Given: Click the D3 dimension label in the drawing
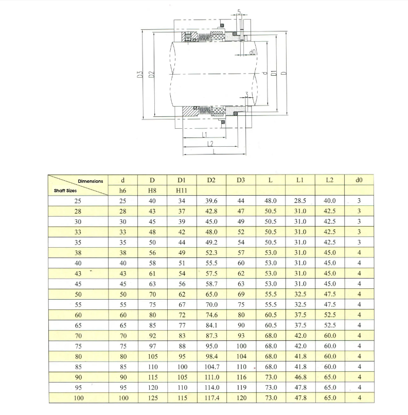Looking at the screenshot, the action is tap(140, 74).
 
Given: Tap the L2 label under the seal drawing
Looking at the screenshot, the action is tap(210, 144).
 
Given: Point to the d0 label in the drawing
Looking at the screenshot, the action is tap(253, 52).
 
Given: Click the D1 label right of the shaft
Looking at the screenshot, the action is tap(274, 73).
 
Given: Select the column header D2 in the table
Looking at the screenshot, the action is tap(211, 180).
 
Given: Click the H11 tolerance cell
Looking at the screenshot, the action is tap(182, 191).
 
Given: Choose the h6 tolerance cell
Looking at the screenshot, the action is tap(122, 191).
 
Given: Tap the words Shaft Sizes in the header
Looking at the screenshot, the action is tap(65, 191).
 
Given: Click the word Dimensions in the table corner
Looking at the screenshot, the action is tap(91, 181).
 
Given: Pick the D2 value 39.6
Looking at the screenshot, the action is tap(211, 201).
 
